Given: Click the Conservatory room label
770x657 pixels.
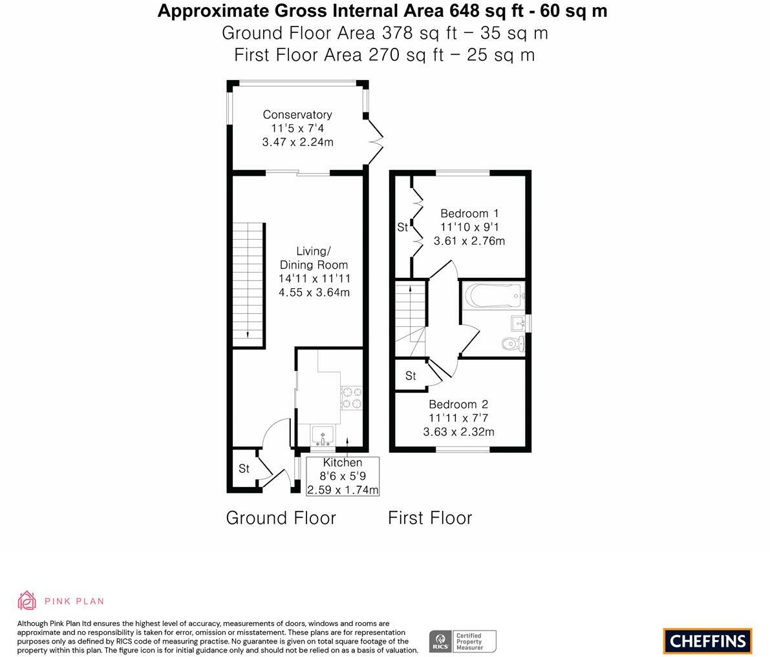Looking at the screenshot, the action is coord(297,115).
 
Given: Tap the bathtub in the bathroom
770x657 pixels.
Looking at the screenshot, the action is coord(493,295).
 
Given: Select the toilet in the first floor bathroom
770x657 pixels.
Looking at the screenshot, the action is coord(514,344).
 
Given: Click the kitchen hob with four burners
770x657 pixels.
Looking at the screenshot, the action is coord(352,397).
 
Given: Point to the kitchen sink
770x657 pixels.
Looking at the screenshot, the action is coord(323,436).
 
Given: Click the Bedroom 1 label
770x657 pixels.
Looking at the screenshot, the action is coord(469,213).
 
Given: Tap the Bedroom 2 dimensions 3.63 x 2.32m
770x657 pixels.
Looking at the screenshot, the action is coord(458,432).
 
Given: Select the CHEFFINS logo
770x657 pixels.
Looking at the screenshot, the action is coord(708,641).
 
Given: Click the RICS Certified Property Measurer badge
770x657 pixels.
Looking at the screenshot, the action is coord(463,641).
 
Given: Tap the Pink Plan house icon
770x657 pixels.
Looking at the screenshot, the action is coord(27,601).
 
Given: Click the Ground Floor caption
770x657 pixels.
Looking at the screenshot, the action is coord(281,518).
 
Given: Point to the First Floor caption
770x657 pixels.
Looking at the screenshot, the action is coord(430,518).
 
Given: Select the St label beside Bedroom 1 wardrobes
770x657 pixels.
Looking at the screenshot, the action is coord(403,227).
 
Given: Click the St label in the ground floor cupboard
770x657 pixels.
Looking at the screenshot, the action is coord(244,468).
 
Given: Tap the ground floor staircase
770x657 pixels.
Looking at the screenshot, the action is coord(248,286).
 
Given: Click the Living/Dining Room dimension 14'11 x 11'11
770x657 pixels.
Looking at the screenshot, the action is coord(314,278).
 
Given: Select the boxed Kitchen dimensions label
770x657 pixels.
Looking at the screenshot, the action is coord(343,476).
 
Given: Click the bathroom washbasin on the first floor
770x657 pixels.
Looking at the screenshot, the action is coord(519,324).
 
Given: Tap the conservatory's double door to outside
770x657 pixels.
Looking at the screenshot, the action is coord(375,142).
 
